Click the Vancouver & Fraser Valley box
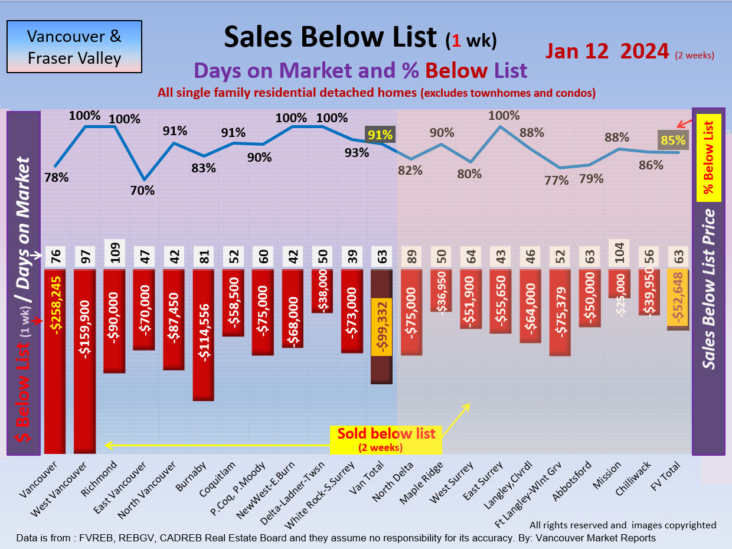74,47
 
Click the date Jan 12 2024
607,51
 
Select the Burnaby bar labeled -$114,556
204,334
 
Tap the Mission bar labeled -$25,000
619,284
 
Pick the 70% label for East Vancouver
143,190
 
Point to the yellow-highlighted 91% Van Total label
380,135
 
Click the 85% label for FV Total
673,140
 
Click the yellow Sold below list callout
386,439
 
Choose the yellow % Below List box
708,156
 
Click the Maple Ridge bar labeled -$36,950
442,290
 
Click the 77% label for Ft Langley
557,180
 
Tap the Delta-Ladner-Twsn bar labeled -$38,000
323,290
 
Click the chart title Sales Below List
331,37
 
